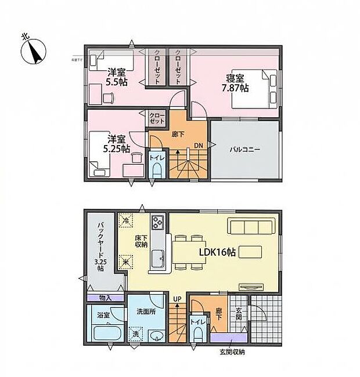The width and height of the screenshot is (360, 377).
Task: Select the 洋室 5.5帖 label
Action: (116, 77)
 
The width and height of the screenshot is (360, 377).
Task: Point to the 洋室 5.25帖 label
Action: (116, 143)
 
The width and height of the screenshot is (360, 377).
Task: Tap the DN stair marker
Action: (198, 146)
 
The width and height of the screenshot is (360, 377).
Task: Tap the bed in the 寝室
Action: (255, 88)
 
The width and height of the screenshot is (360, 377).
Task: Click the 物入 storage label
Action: (105, 298)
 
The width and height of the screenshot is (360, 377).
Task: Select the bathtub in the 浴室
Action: (106, 335)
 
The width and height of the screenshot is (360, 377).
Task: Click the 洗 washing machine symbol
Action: (135, 334)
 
